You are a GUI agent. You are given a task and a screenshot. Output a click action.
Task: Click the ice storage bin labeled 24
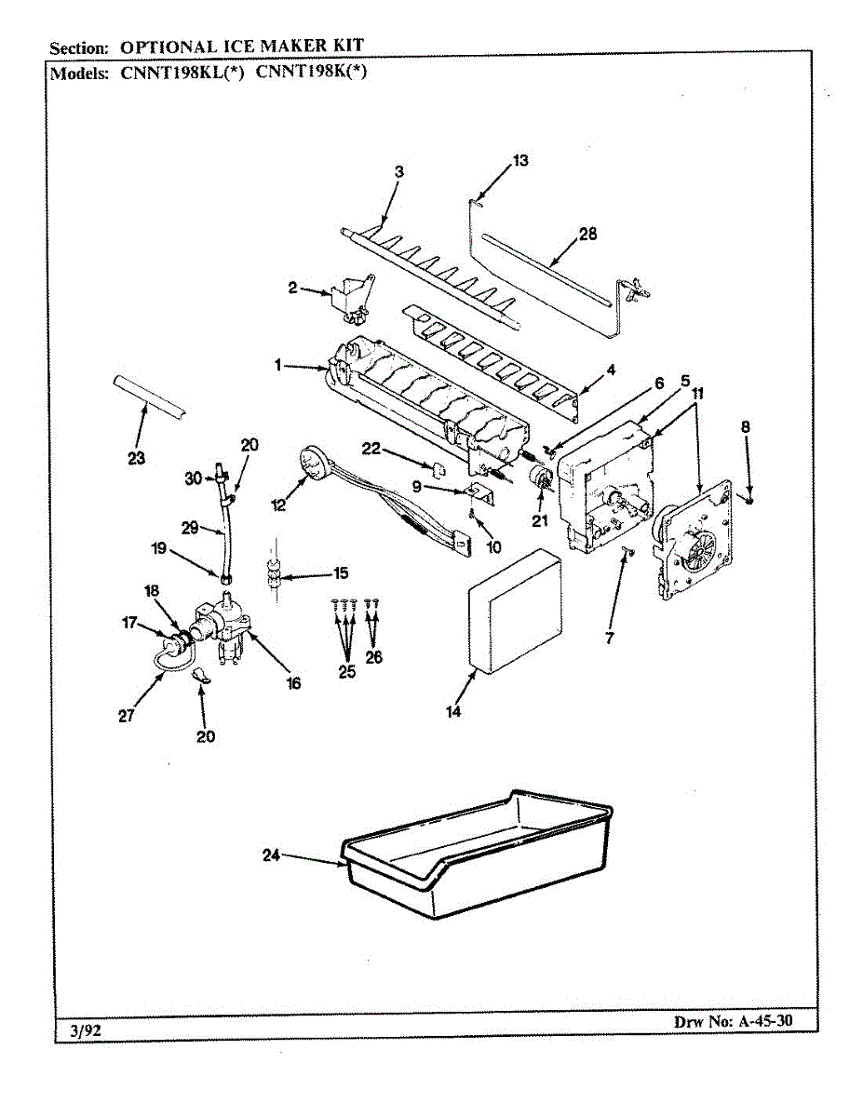tap(475, 856)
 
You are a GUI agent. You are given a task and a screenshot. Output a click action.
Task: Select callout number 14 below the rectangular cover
tap(453, 712)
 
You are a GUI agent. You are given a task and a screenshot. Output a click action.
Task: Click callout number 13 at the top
tap(519, 161)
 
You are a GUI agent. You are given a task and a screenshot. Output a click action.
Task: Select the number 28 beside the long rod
tap(587, 235)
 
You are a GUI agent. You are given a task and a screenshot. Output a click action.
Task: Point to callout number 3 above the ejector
tap(398, 171)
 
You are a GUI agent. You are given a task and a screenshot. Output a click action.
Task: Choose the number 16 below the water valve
tap(293, 683)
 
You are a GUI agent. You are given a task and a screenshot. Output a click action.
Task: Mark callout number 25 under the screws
tap(347, 672)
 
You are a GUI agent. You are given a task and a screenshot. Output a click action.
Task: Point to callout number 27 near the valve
tap(127, 715)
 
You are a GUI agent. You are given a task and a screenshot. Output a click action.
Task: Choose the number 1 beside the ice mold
tap(277, 366)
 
